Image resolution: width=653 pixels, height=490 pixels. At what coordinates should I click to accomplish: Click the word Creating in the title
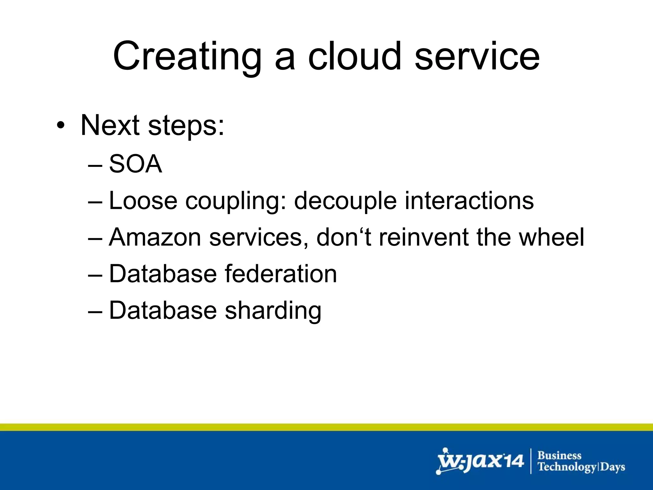[187, 56]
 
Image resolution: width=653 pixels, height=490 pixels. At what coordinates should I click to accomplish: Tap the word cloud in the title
[354, 56]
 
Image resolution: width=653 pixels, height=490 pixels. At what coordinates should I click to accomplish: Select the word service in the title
[477, 56]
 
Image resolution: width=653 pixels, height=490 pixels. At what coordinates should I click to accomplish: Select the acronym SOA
[136, 164]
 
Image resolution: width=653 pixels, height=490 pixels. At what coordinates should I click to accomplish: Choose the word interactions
[469, 201]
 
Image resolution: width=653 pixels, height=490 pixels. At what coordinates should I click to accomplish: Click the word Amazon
[155, 237]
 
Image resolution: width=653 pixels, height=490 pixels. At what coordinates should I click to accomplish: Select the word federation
[281, 274]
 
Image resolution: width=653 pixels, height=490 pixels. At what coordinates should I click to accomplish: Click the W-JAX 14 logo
[480, 461]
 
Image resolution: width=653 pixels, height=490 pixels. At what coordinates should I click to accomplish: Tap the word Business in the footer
[559, 455]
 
